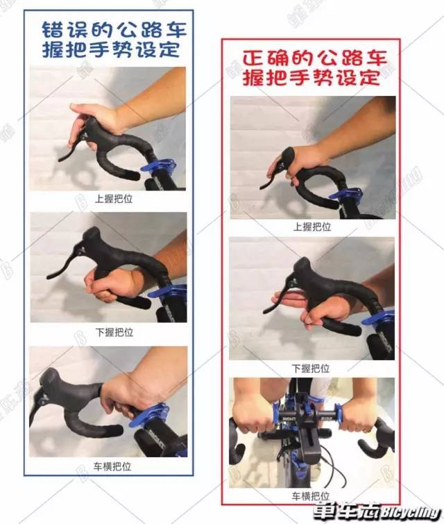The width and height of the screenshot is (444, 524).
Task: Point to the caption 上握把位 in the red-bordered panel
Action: [311, 227]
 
